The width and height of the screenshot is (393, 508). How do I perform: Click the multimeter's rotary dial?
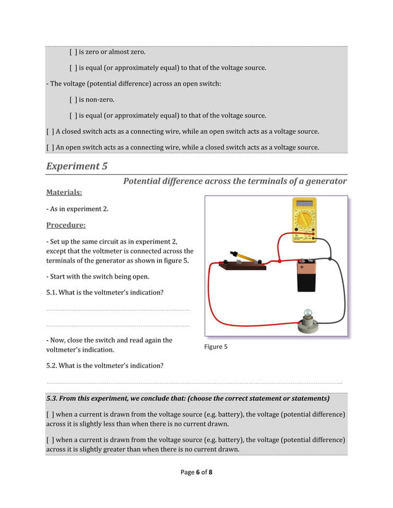coord(304,220)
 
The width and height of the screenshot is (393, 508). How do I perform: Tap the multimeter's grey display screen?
coord(304,204)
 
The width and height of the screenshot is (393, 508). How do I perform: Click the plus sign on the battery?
coord(302,268)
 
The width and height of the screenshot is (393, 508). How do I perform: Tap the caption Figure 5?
coord(216,347)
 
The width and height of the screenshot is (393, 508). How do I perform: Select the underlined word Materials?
coord(64,192)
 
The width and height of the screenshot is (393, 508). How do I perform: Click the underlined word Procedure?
coord(66,225)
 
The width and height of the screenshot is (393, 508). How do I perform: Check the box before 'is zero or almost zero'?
coord(73,52)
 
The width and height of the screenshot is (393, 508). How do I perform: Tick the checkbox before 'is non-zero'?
coord(73,100)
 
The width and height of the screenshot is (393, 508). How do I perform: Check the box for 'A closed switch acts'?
coord(50,132)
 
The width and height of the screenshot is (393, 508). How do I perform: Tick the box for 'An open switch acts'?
coord(50,148)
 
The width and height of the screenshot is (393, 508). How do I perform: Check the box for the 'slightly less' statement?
coord(50,415)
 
